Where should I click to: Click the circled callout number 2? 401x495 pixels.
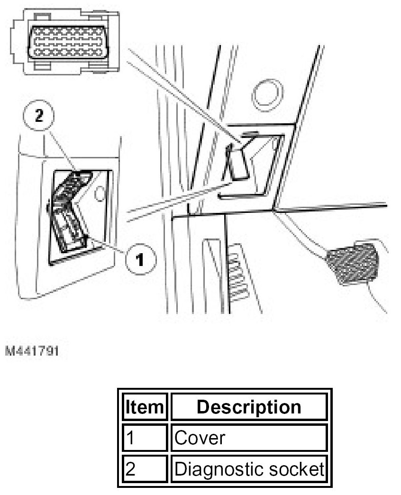click(x=39, y=117)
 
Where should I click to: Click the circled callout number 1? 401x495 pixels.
click(x=139, y=259)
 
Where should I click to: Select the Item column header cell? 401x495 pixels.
click(x=143, y=407)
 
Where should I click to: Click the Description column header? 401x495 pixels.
click(x=248, y=407)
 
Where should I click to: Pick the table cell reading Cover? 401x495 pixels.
click(x=248, y=438)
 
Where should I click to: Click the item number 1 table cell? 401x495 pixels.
click(x=143, y=438)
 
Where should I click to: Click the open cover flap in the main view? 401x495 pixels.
click(x=238, y=161)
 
